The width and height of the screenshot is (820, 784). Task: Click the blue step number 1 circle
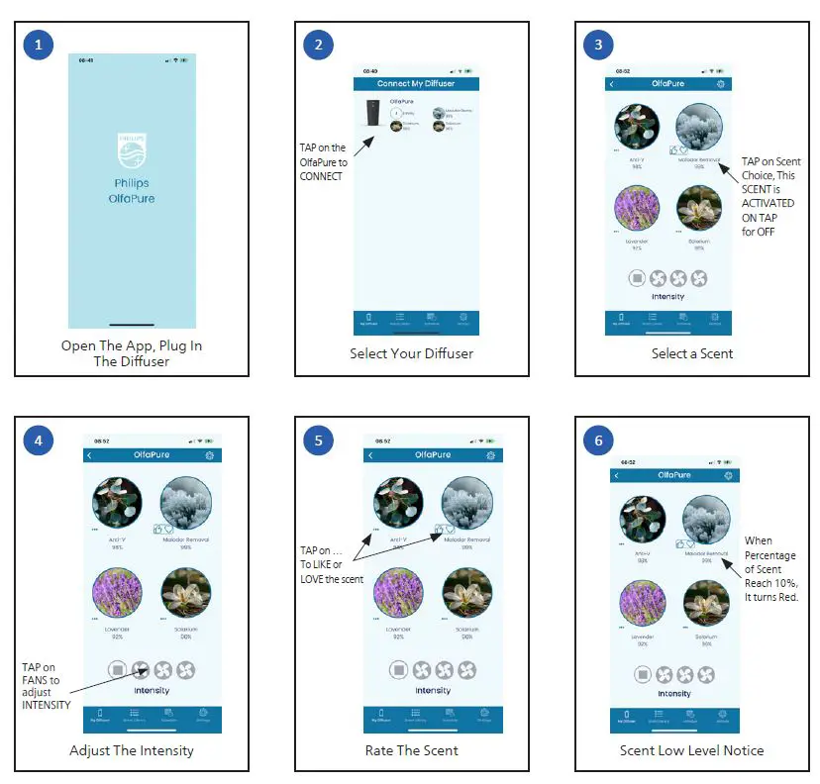pyautogui.click(x=39, y=45)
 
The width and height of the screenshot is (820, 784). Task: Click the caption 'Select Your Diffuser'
pyautogui.click(x=411, y=353)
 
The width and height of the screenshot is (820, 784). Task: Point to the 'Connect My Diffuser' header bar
pyautogui.click(x=416, y=84)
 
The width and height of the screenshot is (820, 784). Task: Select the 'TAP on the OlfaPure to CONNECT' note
pyautogui.click(x=323, y=162)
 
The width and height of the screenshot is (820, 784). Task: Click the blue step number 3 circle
pyautogui.click(x=599, y=45)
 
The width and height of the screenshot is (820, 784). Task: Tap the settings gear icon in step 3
pyautogui.click(x=720, y=84)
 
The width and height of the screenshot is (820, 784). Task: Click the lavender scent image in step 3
pyautogui.click(x=637, y=209)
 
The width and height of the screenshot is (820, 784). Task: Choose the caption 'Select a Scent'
pyautogui.click(x=692, y=353)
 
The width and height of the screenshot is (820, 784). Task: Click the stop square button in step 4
pyautogui.click(x=119, y=670)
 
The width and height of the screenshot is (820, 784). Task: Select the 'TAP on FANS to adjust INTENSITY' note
pyautogui.click(x=47, y=684)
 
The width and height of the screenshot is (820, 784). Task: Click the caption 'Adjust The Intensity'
pyautogui.click(x=132, y=750)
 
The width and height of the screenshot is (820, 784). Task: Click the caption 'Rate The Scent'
pyautogui.click(x=411, y=750)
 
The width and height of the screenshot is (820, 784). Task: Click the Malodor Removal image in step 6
pyautogui.click(x=706, y=519)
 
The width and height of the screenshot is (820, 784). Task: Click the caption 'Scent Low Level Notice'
pyautogui.click(x=692, y=750)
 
